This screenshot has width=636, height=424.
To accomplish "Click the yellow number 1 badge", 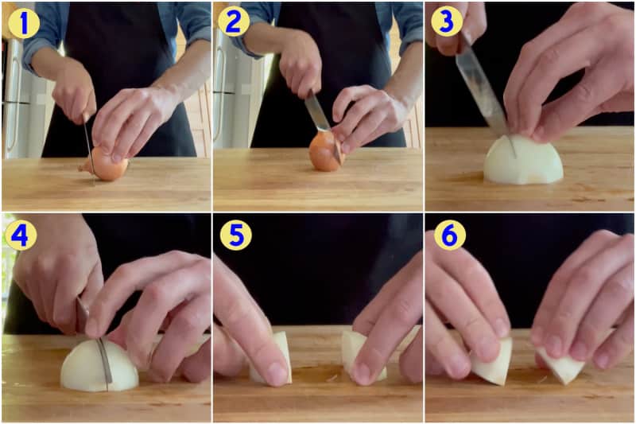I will click(23, 23).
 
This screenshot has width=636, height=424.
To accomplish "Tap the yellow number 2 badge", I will click(232, 23).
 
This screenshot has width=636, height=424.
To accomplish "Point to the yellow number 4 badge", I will click(20, 235).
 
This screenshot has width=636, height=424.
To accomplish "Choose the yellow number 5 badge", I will click(233, 235).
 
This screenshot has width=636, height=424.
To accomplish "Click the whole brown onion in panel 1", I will click(107, 165).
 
